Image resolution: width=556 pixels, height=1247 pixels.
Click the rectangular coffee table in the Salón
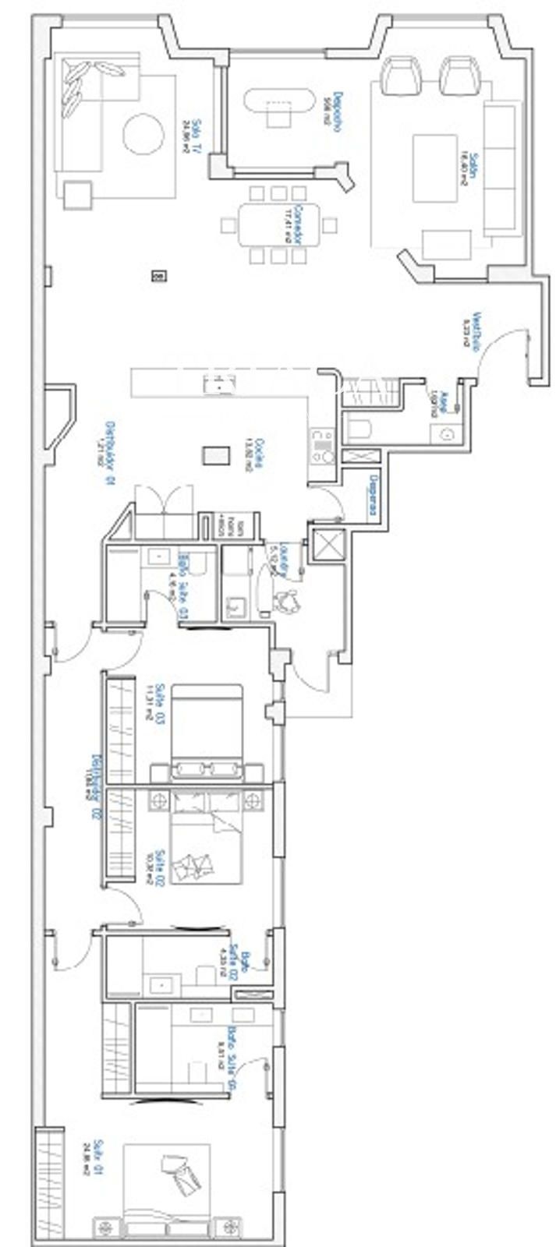click(434, 168)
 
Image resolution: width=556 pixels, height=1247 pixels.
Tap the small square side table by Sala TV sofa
click(77, 193)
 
